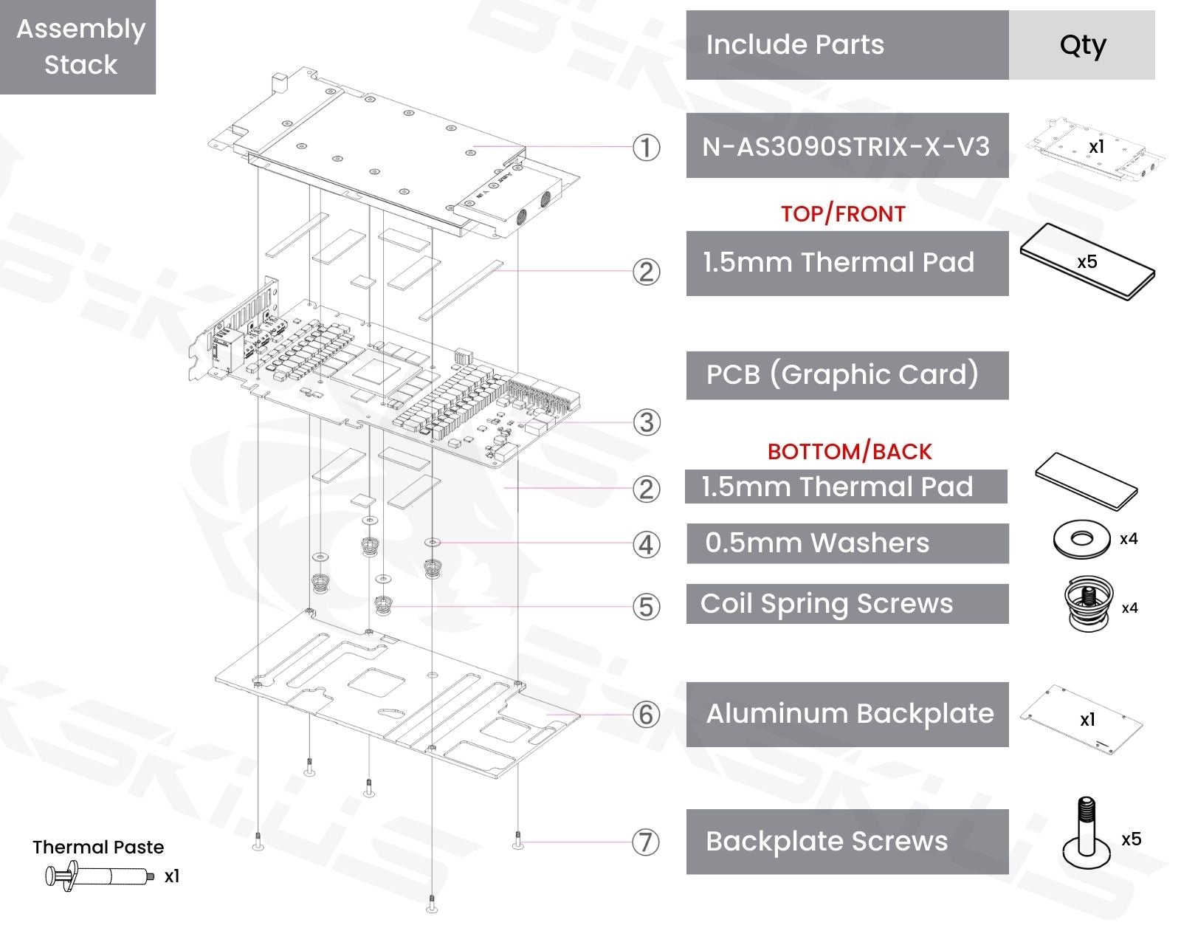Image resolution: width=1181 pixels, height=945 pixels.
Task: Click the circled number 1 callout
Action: pyautogui.click(x=646, y=148)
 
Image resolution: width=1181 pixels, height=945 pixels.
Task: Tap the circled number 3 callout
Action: pyautogui.click(x=646, y=422)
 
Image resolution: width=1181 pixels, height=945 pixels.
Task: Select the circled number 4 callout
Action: pyautogui.click(x=646, y=545)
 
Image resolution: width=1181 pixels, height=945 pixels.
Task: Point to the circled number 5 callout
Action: pyautogui.click(x=646, y=607)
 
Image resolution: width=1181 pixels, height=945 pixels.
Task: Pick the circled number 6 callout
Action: pyautogui.click(x=646, y=714)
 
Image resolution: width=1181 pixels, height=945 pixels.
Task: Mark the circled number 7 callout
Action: pyautogui.click(x=646, y=842)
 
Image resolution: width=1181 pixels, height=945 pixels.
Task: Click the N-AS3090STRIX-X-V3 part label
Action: pyautogui.click(x=847, y=146)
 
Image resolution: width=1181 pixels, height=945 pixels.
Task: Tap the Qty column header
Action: pyautogui.click(x=1082, y=45)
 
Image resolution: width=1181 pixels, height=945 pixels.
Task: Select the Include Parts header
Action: pyautogui.click(x=847, y=45)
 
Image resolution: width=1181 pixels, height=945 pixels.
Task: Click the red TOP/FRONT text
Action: pyautogui.click(x=843, y=214)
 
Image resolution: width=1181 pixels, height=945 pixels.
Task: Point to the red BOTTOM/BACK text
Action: pyautogui.click(x=850, y=451)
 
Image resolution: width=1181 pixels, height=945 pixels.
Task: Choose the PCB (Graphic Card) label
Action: pyautogui.click(x=847, y=375)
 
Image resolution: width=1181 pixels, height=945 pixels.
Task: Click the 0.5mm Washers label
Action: pyautogui.click(x=847, y=543)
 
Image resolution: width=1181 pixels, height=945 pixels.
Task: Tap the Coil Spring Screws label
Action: pyautogui.click(x=847, y=604)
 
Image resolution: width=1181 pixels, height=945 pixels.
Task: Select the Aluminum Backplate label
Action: pyautogui.click(x=847, y=714)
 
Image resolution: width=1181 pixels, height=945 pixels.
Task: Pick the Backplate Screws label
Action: pyautogui.click(x=847, y=842)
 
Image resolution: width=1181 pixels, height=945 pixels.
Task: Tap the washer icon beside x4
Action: pyautogui.click(x=1081, y=539)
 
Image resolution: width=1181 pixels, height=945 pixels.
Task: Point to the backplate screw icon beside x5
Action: pyautogui.click(x=1086, y=834)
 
